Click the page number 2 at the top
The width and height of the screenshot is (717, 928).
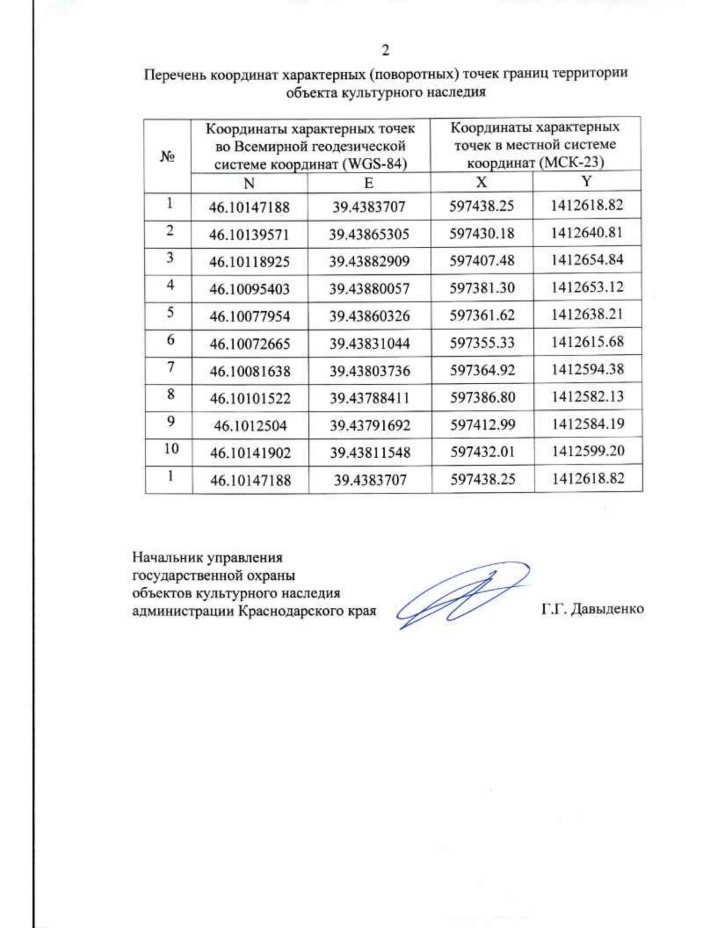385,50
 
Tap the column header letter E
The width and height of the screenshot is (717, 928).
369,183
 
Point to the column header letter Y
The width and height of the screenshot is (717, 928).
587,181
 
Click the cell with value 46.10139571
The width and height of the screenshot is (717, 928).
249,235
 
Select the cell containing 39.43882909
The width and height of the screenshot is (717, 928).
369,262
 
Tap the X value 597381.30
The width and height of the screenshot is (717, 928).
482,288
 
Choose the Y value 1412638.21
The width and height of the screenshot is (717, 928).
587,314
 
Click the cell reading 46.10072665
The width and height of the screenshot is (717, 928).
250,344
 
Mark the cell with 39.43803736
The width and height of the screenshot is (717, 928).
370,371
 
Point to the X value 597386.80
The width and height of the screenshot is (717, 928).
482,397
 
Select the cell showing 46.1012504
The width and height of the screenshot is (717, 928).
250,425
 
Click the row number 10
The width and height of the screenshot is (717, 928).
171,448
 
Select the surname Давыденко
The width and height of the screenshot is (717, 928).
606,609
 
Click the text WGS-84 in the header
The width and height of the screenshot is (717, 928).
378,164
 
